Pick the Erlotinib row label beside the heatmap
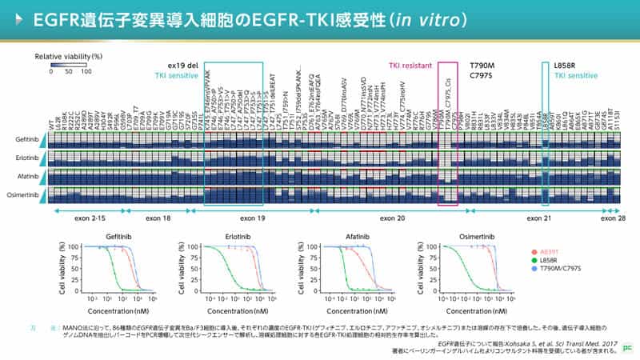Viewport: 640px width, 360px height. click(22, 157)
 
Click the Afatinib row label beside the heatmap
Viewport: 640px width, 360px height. click(22, 175)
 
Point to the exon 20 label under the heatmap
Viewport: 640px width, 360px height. click(394, 217)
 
